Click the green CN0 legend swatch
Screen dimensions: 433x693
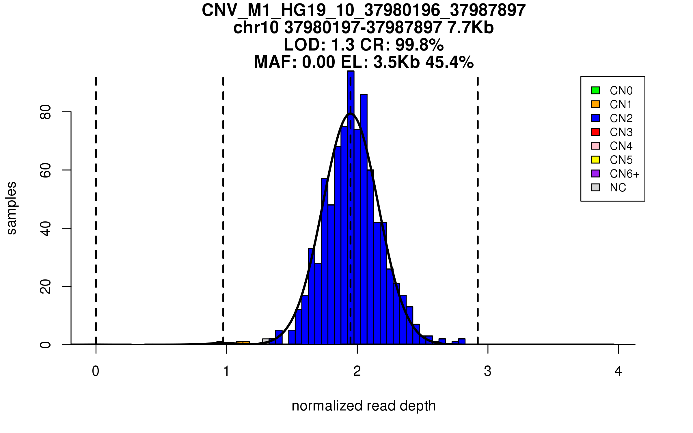point(595,90)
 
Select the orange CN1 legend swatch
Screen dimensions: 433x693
point(595,104)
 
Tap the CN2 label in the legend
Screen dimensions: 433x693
point(621,118)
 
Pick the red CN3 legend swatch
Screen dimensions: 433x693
point(595,132)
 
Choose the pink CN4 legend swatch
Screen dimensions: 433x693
point(595,146)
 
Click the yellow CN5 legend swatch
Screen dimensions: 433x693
point(595,160)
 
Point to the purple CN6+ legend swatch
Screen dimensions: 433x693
point(595,173)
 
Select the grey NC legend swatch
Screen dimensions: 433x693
point(595,187)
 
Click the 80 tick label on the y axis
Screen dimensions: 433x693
point(46,112)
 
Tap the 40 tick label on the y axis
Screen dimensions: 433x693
point(46,229)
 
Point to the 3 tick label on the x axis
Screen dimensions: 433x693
point(488,371)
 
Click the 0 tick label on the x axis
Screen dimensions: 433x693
point(96,371)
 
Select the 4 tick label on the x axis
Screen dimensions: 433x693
point(618,371)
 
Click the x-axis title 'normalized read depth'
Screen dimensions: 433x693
point(364,406)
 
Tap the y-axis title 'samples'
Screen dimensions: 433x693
point(12,208)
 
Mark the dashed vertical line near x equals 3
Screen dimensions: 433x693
point(478,211)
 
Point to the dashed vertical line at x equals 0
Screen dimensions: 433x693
point(96,211)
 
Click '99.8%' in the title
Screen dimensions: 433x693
point(419,45)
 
